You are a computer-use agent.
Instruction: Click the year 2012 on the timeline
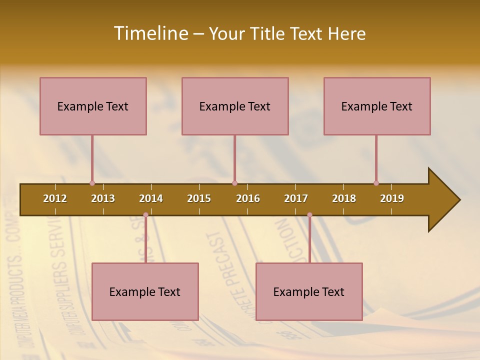click(55, 198)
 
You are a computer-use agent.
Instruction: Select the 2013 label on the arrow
click(103, 198)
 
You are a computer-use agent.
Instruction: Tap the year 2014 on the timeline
click(151, 198)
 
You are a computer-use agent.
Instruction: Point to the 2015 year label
click(199, 198)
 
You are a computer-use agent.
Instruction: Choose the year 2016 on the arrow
click(248, 198)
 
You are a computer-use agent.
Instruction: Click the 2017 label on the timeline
click(296, 198)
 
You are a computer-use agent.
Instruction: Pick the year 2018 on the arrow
click(344, 198)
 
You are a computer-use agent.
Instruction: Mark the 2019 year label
click(392, 198)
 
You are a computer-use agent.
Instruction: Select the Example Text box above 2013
click(93, 106)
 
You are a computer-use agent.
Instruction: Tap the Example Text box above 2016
click(235, 106)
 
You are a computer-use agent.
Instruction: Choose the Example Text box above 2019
click(377, 106)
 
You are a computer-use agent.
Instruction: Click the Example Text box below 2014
click(145, 291)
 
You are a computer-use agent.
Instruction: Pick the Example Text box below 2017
click(309, 291)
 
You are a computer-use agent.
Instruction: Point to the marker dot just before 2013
click(92, 183)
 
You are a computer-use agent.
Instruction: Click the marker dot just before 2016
click(234, 183)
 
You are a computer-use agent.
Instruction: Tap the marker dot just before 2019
click(376, 183)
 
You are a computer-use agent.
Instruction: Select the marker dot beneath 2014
click(145, 215)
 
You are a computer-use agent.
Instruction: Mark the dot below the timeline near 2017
click(309, 215)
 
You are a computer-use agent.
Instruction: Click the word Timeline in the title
click(150, 33)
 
